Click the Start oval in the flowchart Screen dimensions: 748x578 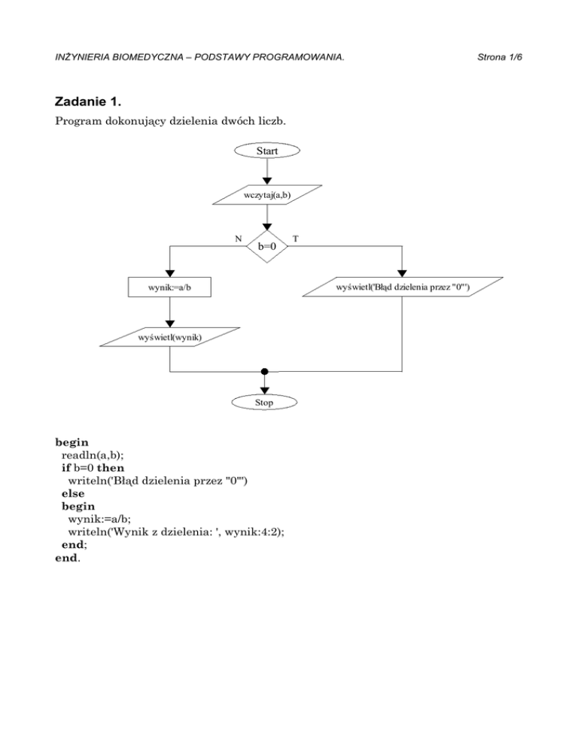pyautogui.click(x=266, y=151)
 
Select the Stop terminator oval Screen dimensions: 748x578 pyautogui.click(x=263, y=403)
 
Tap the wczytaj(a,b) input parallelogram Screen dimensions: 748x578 pyautogui.click(x=266, y=195)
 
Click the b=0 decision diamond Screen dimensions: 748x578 pyautogui.click(x=266, y=245)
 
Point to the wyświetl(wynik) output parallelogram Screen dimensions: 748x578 pyautogui.click(x=169, y=336)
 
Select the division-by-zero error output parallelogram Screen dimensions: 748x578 pyautogui.click(x=402, y=286)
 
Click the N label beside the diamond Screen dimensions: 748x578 pyautogui.click(x=238, y=238)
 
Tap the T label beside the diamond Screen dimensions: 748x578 pyautogui.click(x=295, y=238)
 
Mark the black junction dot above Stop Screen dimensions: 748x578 pyautogui.click(x=264, y=371)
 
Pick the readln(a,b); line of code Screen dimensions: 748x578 pyautogui.click(x=99, y=454)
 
